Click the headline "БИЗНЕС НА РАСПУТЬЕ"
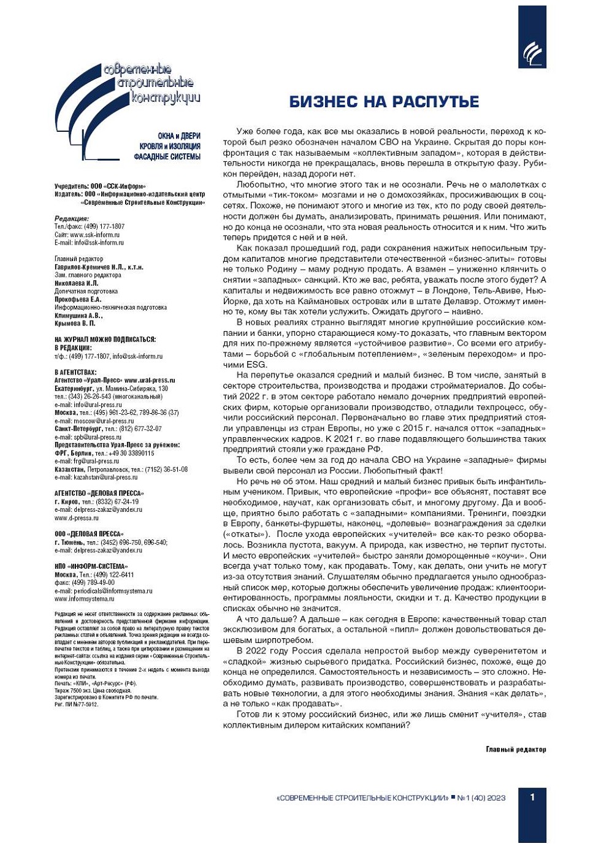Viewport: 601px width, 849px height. pyautogui.click(x=384, y=102)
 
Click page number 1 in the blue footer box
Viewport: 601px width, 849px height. pyautogui.click(x=532, y=797)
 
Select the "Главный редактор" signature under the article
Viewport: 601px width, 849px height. pyautogui.click(x=515, y=749)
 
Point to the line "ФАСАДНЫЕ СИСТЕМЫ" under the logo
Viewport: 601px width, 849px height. pyautogui.click(x=167, y=157)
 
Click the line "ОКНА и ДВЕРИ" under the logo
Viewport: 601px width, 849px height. pyautogui.click(x=178, y=136)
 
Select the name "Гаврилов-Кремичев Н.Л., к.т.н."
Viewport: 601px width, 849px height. pyautogui.click(x=99, y=267)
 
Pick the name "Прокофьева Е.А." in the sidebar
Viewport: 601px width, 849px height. pyautogui.click(x=77, y=299)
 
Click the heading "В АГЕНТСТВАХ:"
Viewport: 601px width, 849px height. pyautogui.click(x=75, y=372)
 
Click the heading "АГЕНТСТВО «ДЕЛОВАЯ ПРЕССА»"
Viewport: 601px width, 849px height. pyautogui.click(x=99, y=493)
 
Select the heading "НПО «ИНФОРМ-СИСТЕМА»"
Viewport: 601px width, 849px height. pyautogui.click(x=91, y=566)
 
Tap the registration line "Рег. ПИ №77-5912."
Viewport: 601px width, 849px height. pyautogui.click(x=76, y=704)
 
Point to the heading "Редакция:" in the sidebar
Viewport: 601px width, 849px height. pyautogui.click(x=71, y=219)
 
